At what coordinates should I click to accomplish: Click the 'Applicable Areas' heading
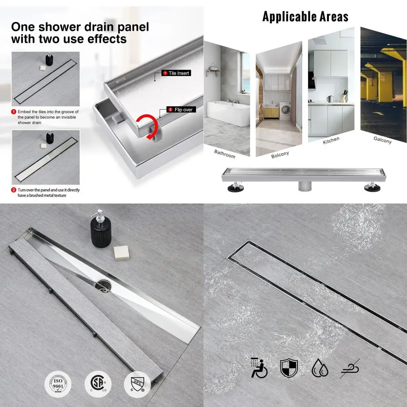[x=305, y=16]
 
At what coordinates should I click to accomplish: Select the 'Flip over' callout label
[x=182, y=109]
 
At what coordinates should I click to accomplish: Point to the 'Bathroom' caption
[x=225, y=154]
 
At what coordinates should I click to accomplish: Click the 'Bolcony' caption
[x=280, y=154]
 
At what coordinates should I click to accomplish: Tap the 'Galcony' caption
[x=382, y=140]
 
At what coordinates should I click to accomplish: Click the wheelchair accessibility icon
[x=259, y=368]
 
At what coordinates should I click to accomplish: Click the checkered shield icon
[x=289, y=368]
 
